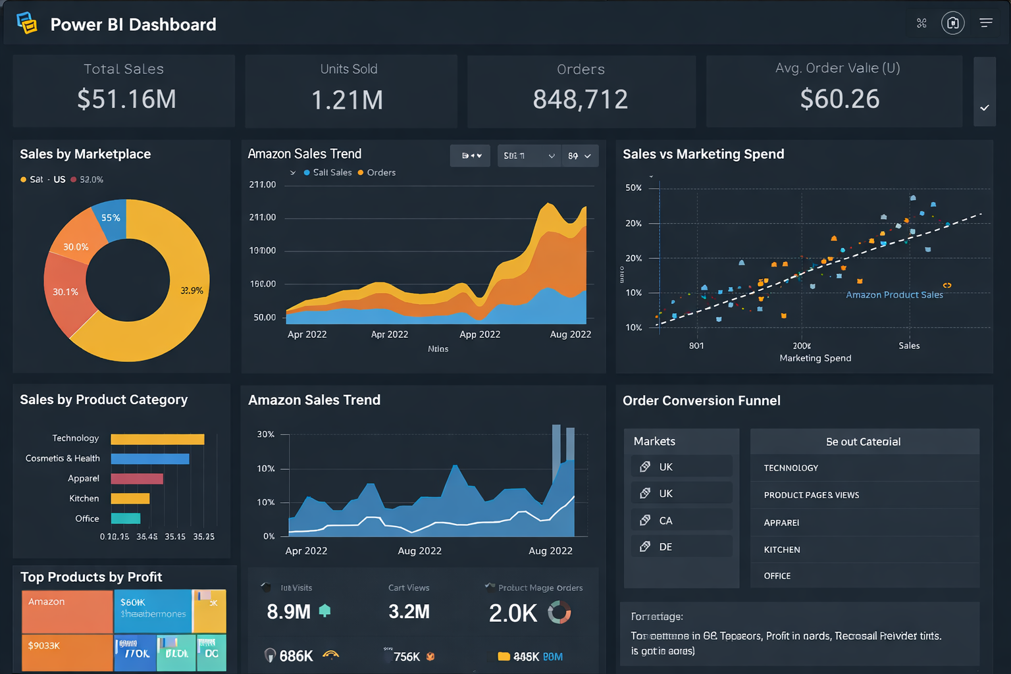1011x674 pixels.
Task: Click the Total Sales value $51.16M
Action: click(126, 99)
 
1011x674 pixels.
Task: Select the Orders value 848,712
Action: click(580, 100)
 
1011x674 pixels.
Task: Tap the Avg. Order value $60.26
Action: click(839, 99)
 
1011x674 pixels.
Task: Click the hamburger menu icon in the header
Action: click(985, 23)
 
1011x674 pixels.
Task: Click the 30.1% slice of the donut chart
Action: click(66, 292)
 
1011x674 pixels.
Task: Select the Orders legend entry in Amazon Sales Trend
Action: click(377, 172)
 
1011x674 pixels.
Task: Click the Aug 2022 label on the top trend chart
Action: click(570, 334)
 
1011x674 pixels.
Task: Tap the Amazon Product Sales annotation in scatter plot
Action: click(894, 295)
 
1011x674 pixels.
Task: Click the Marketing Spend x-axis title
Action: click(815, 358)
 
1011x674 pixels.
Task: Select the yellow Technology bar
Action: click(157, 439)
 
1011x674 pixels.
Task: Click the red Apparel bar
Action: click(137, 479)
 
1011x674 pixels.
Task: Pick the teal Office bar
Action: click(126, 519)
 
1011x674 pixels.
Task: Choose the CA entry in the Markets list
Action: click(665, 521)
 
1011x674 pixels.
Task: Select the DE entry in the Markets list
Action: click(665, 547)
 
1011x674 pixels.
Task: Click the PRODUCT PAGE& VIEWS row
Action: click(811, 495)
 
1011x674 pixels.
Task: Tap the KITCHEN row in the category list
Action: click(782, 550)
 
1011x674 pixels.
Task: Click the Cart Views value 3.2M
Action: click(409, 612)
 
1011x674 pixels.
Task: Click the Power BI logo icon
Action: click(26, 23)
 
